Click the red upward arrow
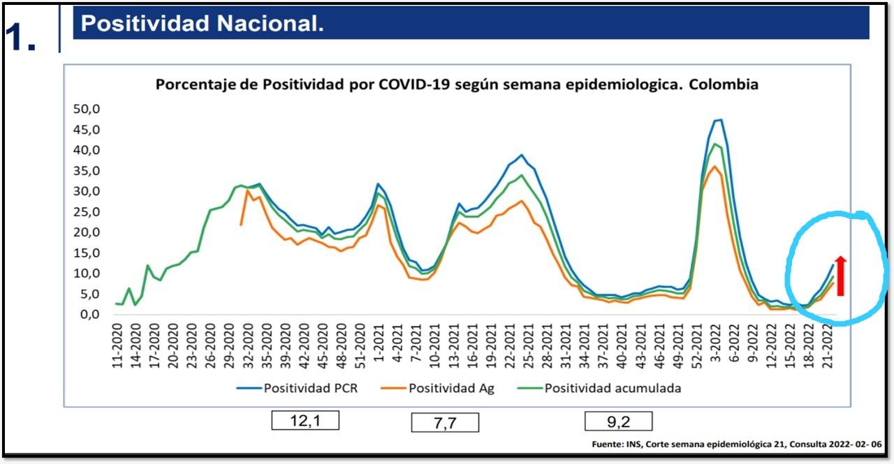click(x=841, y=276)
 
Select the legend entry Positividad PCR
click(x=310, y=388)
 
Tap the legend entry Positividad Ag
click(x=451, y=388)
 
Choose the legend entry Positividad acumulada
click(x=613, y=388)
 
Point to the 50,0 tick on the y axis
click(x=87, y=109)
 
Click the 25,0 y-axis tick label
click(x=87, y=211)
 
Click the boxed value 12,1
click(x=305, y=420)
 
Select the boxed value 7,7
click(x=445, y=422)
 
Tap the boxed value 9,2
click(x=618, y=421)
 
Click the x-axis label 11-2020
click(x=117, y=345)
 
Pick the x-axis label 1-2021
click(x=379, y=343)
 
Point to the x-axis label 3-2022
click(x=715, y=343)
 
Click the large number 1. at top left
click(x=21, y=38)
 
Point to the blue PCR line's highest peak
click(x=718, y=120)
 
